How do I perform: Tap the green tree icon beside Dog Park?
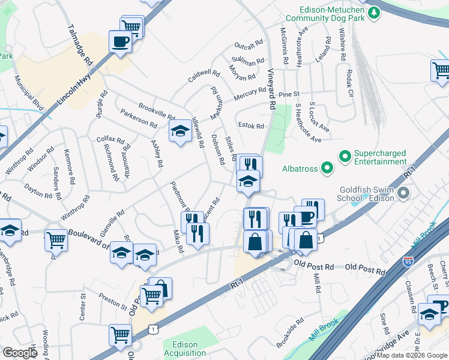tap(375, 12)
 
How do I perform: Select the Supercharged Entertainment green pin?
tap(345, 157)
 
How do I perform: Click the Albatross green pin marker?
tap(327, 169)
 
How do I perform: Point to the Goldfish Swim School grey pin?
tap(404, 194)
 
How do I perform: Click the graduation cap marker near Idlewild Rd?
tap(179, 131)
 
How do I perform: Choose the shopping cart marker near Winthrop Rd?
tap(56, 240)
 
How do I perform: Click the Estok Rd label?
tap(251, 126)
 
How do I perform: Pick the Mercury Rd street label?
tap(250, 94)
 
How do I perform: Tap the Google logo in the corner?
tap(20, 353)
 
